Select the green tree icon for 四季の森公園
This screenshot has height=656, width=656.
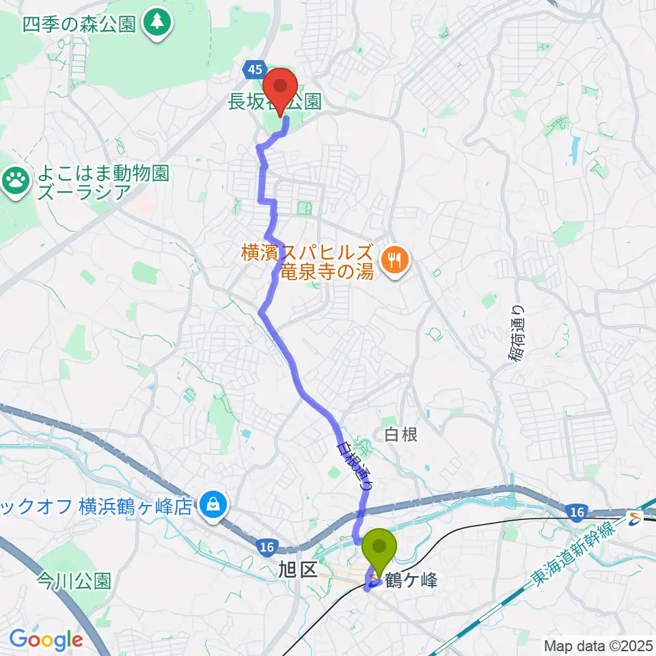(x=158, y=23)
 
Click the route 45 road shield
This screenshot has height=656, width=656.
(x=254, y=68)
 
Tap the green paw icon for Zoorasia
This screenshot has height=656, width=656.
(x=14, y=181)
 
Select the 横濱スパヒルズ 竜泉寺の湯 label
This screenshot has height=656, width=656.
(x=307, y=262)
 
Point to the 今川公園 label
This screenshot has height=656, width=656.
(x=74, y=581)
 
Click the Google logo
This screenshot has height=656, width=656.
(x=46, y=640)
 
